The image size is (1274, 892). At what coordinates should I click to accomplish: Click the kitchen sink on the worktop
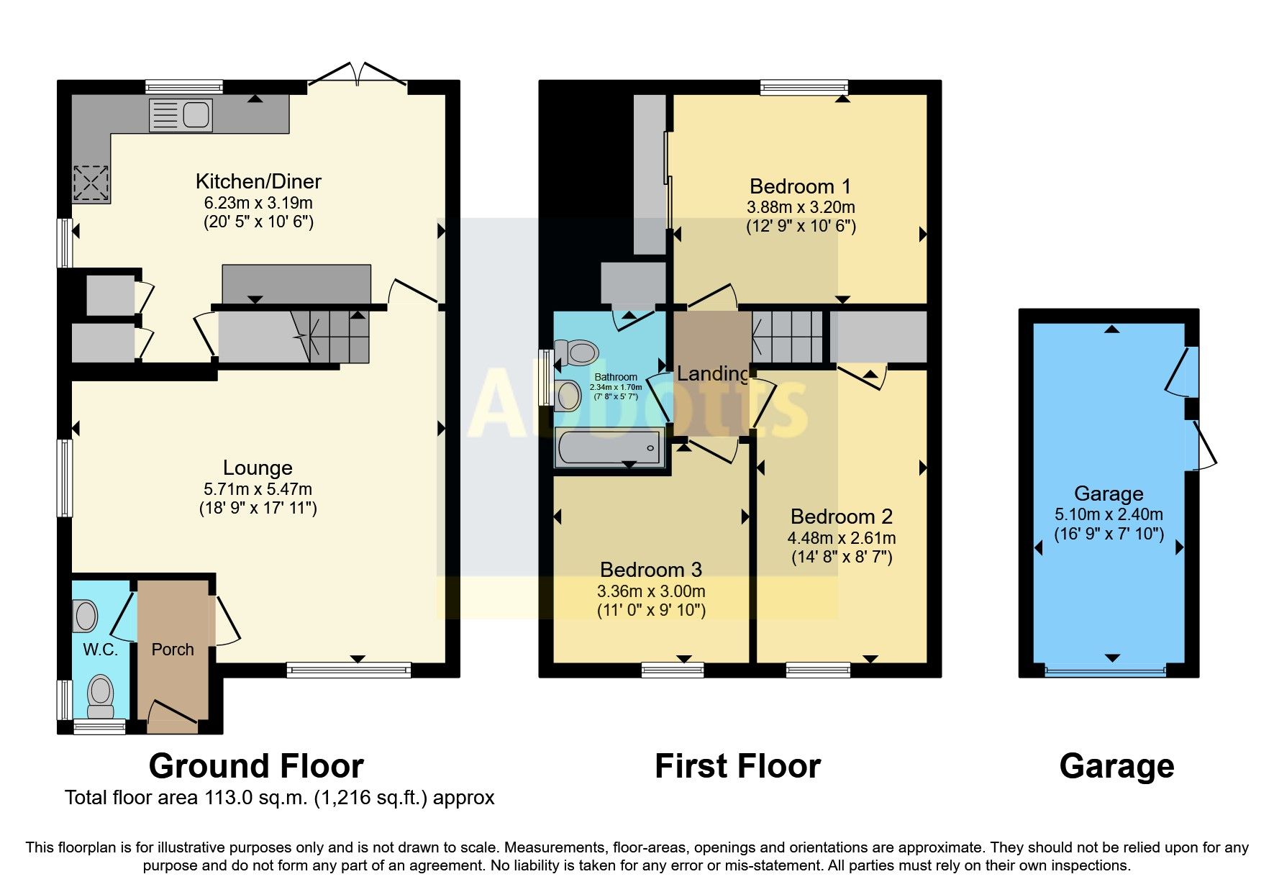point(181,115)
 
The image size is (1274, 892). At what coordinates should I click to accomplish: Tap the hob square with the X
point(91,183)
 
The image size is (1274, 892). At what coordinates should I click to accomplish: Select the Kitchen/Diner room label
point(258,181)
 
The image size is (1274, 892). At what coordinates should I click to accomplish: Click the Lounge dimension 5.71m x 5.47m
point(258,489)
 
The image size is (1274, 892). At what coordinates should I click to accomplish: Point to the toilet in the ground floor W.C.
point(100,696)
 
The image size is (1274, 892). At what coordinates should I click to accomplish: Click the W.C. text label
point(100,650)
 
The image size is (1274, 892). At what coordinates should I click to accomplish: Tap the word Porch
point(173,650)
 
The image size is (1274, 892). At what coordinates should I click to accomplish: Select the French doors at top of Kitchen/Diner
point(358,74)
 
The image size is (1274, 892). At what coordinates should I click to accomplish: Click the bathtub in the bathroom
point(609,447)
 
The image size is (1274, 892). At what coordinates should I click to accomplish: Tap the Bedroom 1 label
point(800,186)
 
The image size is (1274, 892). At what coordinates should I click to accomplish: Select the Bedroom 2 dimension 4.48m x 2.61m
point(841,538)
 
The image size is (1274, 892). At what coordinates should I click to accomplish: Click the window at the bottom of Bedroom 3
point(673,670)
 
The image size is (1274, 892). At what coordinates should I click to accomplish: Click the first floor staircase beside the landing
point(788,336)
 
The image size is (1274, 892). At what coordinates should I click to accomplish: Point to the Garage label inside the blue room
point(1108,493)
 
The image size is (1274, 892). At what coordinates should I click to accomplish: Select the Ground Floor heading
point(256,766)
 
